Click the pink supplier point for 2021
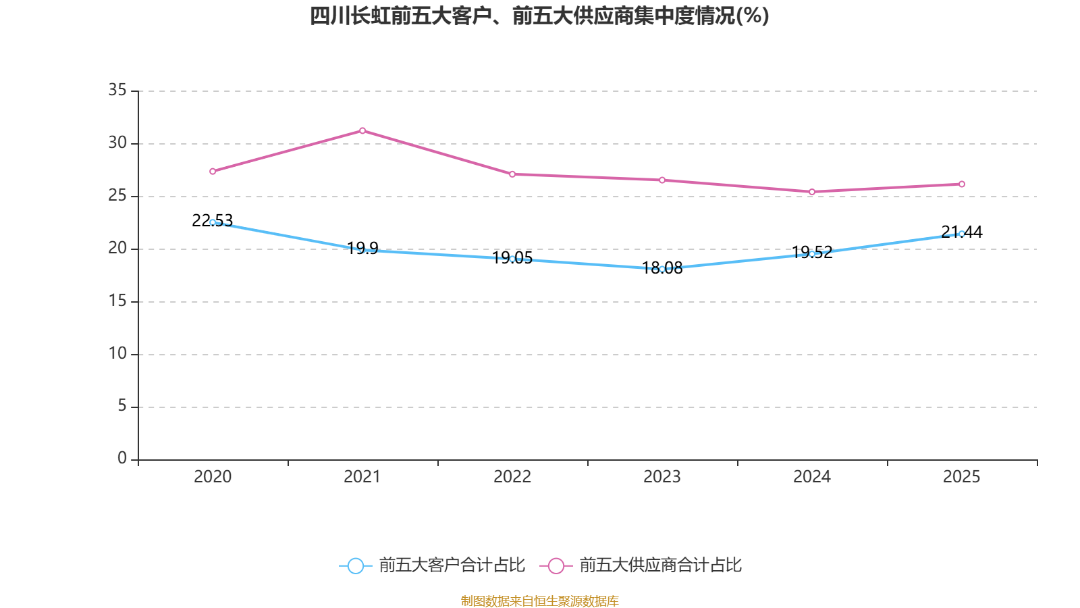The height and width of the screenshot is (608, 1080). tap(362, 130)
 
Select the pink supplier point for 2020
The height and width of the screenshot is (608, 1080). tap(213, 172)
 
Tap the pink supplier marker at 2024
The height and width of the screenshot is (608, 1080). tap(812, 192)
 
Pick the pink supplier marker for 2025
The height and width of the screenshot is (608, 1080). tap(962, 184)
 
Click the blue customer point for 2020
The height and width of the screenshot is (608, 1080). tap(213, 222)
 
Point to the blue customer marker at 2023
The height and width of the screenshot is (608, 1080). tap(662, 269)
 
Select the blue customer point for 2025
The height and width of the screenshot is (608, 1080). tap(962, 234)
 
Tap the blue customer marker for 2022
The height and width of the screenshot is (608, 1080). tap(512, 259)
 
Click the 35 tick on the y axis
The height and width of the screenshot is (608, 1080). tap(117, 90)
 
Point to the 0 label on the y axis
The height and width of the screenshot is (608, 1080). tap(122, 459)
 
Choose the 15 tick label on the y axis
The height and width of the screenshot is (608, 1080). tap(117, 301)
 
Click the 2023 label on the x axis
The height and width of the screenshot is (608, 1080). tap(662, 477)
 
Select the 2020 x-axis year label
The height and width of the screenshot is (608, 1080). tap(213, 477)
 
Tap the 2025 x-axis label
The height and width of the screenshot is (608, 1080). tap(962, 477)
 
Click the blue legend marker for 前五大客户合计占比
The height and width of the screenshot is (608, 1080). tap(356, 565)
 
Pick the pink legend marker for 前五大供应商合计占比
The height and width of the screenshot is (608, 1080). tap(556, 565)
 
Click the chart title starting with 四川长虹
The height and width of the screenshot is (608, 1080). tap(539, 16)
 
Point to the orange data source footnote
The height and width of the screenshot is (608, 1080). tap(539, 601)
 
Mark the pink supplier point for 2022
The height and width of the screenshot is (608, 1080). tap(512, 174)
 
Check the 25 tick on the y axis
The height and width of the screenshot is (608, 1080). tap(117, 195)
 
